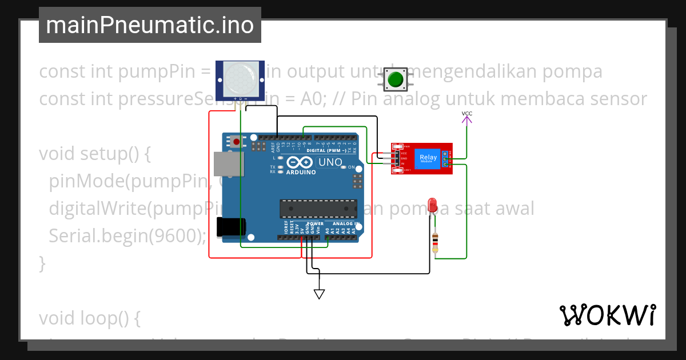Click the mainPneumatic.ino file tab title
(x=150, y=25)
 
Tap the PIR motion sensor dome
(x=240, y=79)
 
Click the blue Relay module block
(x=428, y=159)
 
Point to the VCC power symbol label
(x=467, y=114)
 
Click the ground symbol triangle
(x=319, y=294)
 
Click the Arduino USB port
(x=227, y=164)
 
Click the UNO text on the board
(x=330, y=162)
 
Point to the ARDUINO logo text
(x=301, y=172)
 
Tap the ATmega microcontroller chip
(x=318, y=209)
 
